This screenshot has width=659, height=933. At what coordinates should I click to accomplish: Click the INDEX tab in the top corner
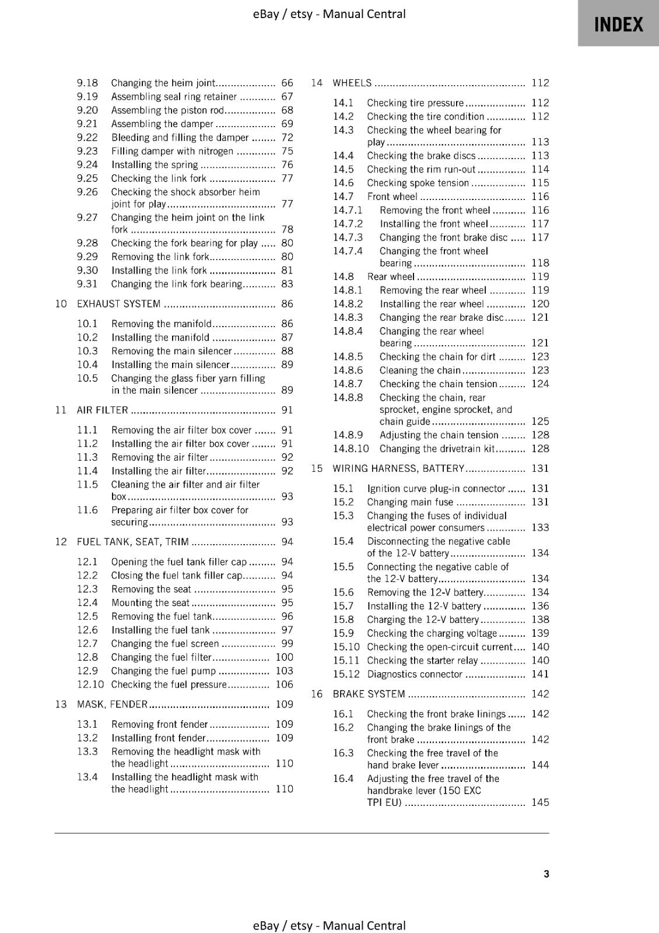click(x=618, y=24)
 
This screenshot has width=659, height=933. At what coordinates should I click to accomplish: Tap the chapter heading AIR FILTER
click(x=102, y=410)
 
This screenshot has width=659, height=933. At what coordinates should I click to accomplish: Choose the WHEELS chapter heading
click(x=352, y=83)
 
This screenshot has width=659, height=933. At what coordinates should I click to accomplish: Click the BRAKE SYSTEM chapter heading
click(x=369, y=694)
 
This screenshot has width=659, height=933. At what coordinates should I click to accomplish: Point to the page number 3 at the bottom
click(x=546, y=874)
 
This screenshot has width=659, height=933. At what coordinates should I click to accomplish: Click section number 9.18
click(x=87, y=83)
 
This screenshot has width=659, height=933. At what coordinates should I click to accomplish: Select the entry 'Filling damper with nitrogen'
click(x=172, y=151)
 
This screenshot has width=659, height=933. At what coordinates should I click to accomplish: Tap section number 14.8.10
click(x=351, y=448)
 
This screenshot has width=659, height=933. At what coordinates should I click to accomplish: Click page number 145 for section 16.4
click(x=540, y=802)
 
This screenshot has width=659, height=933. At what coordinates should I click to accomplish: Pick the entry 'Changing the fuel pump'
click(x=163, y=671)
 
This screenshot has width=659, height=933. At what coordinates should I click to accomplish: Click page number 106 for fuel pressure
click(x=285, y=685)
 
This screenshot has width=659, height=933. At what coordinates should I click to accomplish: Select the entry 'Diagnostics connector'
click(x=415, y=674)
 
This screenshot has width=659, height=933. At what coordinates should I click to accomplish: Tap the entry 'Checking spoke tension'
click(x=418, y=183)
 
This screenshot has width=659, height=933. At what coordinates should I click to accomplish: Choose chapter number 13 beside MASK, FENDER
click(x=61, y=704)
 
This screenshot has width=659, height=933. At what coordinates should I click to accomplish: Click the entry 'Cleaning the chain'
click(x=420, y=370)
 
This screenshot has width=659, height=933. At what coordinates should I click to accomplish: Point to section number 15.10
click(x=346, y=647)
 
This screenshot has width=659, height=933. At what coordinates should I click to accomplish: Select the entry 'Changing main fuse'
click(x=410, y=502)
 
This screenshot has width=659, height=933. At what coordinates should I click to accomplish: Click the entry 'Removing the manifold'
click(x=162, y=324)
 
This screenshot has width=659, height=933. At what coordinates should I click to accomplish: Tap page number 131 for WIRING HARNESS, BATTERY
click(x=540, y=468)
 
